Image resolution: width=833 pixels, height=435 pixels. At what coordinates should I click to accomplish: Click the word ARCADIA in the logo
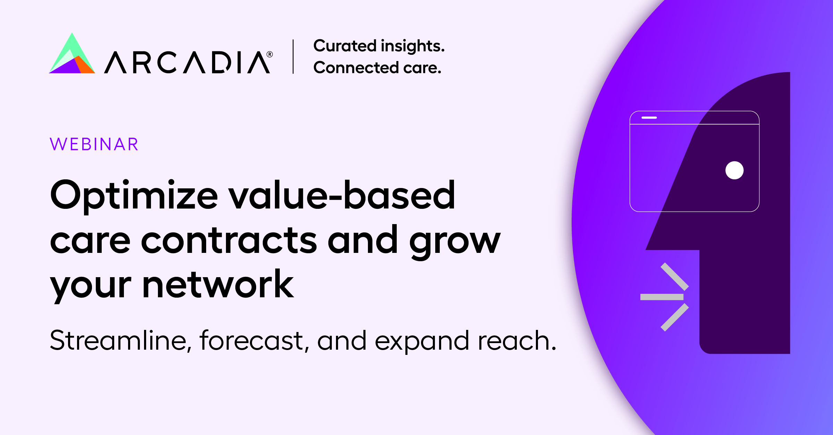187,62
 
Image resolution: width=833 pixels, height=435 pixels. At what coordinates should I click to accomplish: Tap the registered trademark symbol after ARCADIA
270,54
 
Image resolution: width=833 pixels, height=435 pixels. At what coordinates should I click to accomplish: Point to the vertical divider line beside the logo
293,57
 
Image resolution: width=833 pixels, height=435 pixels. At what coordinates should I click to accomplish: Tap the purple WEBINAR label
94,144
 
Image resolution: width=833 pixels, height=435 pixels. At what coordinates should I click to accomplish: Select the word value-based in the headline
342,195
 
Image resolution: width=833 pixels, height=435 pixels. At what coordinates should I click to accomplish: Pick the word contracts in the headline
229,240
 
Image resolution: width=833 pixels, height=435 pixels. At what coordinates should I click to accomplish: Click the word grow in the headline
455,242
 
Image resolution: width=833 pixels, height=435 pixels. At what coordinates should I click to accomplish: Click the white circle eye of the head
734,170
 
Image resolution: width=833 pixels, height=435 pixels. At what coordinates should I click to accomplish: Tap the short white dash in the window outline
649,118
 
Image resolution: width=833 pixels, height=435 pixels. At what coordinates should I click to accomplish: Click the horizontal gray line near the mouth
662,297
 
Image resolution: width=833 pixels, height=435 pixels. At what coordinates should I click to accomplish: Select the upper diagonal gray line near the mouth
675,276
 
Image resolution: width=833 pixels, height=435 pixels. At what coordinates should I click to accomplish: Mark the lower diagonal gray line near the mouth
675,317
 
